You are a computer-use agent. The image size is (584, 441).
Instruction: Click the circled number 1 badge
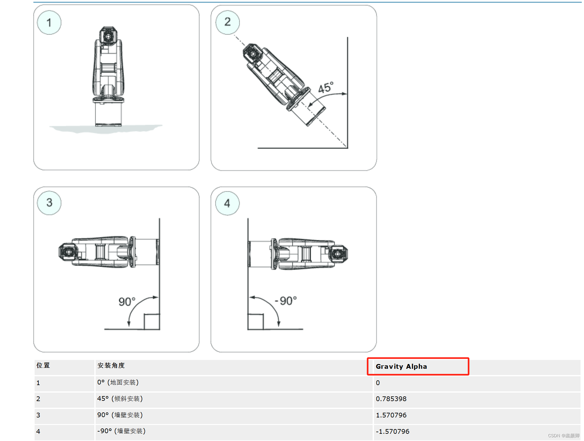tap(49, 23)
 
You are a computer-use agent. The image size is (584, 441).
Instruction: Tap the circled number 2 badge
tap(227, 22)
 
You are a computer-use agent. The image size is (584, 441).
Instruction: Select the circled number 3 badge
tap(49, 203)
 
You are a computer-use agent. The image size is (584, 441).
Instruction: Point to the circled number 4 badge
tap(227, 203)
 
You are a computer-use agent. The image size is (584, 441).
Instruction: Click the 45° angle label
tap(326, 88)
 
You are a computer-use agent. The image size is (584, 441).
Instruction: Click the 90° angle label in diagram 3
tap(127, 302)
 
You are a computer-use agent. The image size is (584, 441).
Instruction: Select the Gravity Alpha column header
tap(401, 367)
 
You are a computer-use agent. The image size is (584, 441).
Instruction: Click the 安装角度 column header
tap(111, 365)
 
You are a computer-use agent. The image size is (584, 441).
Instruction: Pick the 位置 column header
tap(43, 365)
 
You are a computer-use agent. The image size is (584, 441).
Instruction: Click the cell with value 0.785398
tap(391, 399)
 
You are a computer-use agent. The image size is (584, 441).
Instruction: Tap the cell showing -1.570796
tap(392, 432)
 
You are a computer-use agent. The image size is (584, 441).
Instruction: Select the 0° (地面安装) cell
tap(118, 383)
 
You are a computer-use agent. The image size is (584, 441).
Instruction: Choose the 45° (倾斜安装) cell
tap(120, 399)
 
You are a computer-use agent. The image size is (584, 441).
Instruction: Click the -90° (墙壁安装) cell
tap(121, 431)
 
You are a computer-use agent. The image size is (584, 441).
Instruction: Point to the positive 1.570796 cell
tap(391, 415)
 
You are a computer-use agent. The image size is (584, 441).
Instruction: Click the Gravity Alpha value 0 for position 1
tap(378, 383)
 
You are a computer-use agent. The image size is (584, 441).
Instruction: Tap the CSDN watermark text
tap(564, 436)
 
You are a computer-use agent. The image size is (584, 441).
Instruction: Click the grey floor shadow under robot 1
tap(106, 128)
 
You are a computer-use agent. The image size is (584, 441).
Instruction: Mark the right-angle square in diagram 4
tap(255, 322)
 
